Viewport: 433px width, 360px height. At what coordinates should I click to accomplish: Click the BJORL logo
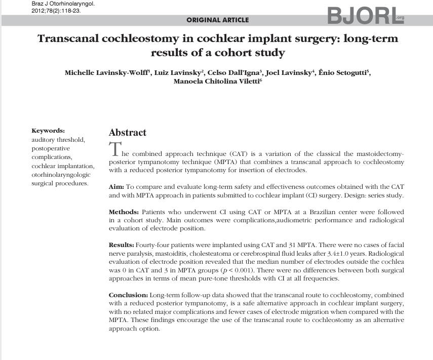click(x=365, y=16)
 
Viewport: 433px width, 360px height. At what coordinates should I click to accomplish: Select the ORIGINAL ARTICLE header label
click(x=218, y=20)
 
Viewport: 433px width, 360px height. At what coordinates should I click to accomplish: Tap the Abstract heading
click(x=127, y=133)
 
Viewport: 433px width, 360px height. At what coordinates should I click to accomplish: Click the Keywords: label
click(x=48, y=131)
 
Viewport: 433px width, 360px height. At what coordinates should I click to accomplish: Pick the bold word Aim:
click(x=116, y=187)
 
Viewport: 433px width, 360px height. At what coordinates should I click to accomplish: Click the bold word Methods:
click(x=124, y=212)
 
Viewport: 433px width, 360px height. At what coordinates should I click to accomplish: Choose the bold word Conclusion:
click(x=128, y=295)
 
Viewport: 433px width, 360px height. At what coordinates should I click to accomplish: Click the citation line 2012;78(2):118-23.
click(x=56, y=10)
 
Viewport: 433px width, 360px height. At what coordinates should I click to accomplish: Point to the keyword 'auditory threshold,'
click(x=58, y=140)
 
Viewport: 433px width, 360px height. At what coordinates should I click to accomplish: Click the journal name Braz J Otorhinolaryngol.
click(x=63, y=4)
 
